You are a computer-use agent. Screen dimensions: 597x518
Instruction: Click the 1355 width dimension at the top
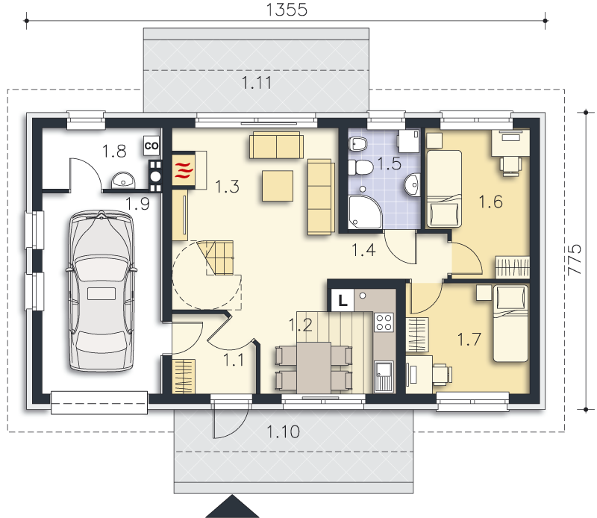coord(287,10)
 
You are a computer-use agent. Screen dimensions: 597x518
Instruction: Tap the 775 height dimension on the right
coord(575,260)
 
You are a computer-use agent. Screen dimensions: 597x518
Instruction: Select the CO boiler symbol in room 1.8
coord(151,146)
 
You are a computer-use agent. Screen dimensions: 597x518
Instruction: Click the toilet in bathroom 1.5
coord(360,167)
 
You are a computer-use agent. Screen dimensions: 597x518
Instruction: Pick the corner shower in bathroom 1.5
coord(364,212)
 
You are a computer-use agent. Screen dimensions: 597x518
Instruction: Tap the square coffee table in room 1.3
coord(278,186)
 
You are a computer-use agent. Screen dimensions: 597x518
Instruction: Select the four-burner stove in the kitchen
coord(384,322)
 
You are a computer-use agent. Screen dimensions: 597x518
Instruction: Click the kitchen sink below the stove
coord(384,376)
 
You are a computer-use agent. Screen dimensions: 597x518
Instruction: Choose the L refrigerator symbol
coord(343,301)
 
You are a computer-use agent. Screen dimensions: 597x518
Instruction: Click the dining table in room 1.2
coord(313,367)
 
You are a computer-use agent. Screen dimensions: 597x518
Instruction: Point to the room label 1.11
coord(257,83)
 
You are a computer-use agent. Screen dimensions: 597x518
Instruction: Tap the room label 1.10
coord(284,432)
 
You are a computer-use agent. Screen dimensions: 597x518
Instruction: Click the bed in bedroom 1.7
coord(510,324)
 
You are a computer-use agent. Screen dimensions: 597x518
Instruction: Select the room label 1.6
coord(490,202)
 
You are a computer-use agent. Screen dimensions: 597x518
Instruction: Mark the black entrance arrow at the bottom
coord(232,506)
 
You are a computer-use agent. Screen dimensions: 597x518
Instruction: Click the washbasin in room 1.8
coord(123,181)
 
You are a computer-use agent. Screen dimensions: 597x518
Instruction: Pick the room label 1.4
coord(363,250)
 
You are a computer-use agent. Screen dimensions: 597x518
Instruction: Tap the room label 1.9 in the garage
coord(137,204)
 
